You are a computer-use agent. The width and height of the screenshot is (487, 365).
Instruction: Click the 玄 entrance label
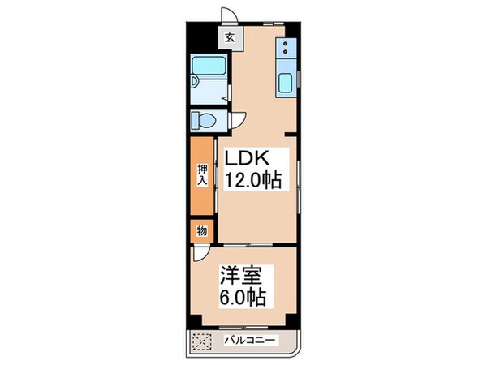coord(230,37)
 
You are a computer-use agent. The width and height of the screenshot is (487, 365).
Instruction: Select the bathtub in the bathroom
coord(209,75)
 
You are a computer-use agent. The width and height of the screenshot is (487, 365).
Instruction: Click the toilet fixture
coord(204,121)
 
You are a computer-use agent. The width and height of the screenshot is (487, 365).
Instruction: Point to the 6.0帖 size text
coord(242,297)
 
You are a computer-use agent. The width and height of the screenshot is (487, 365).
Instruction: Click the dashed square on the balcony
coord(200,341)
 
